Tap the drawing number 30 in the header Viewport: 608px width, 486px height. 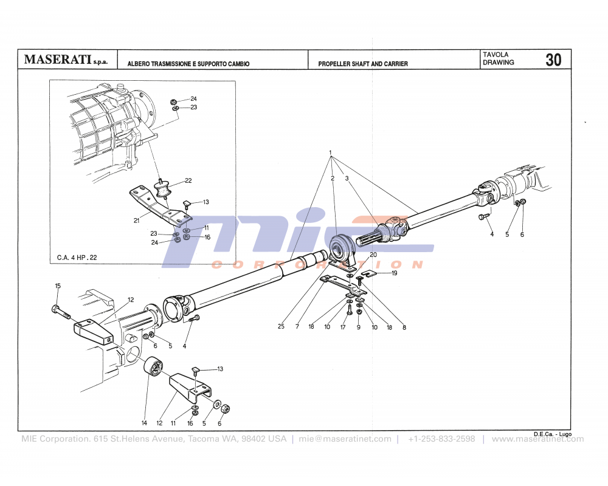[x=553, y=60]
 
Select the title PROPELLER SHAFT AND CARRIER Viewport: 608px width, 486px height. [x=363, y=64]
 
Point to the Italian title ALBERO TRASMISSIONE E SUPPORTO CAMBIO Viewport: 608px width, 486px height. [x=188, y=64]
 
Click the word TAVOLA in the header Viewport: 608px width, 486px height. [x=496, y=55]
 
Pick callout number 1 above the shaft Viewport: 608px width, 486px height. [x=330, y=152]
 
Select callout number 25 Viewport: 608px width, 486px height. [x=281, y=327]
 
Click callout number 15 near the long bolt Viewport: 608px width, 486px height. [x=58, y=286]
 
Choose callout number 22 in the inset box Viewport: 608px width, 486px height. [x=188, y=181]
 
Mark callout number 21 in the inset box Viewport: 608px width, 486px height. [x=137, y=221]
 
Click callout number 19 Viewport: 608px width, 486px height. [x=394, y=273]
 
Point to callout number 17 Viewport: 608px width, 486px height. [x=343, y=327]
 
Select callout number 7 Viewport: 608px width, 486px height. [x=297, y=327]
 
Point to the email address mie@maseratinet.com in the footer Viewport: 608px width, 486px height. [x=345, y=439]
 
